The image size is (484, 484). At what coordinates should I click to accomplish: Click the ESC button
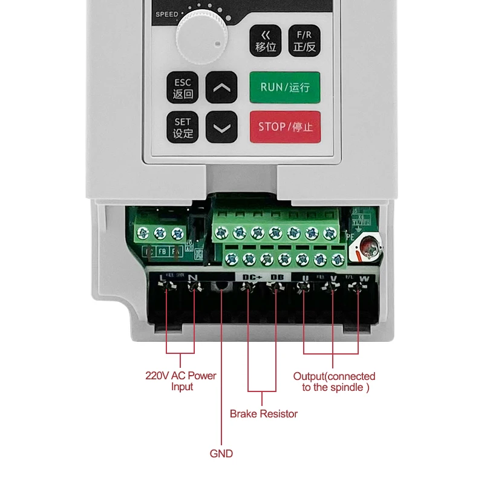click(183, 88)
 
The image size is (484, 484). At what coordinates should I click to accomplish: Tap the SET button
click(183, 128)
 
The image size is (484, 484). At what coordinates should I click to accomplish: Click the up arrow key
click(222, 88)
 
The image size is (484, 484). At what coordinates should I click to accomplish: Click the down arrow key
click(222, 128)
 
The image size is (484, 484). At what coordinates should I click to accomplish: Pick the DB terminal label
click(277, 277)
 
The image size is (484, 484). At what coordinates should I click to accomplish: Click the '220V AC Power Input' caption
click(181, 381)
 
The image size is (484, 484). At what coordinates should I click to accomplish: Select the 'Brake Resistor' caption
click(264, 414)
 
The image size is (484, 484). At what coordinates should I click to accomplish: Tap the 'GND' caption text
click(221, 453)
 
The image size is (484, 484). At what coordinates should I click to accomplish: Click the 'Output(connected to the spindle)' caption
click(334, 382)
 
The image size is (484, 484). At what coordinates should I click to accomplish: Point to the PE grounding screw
click(368, 246)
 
